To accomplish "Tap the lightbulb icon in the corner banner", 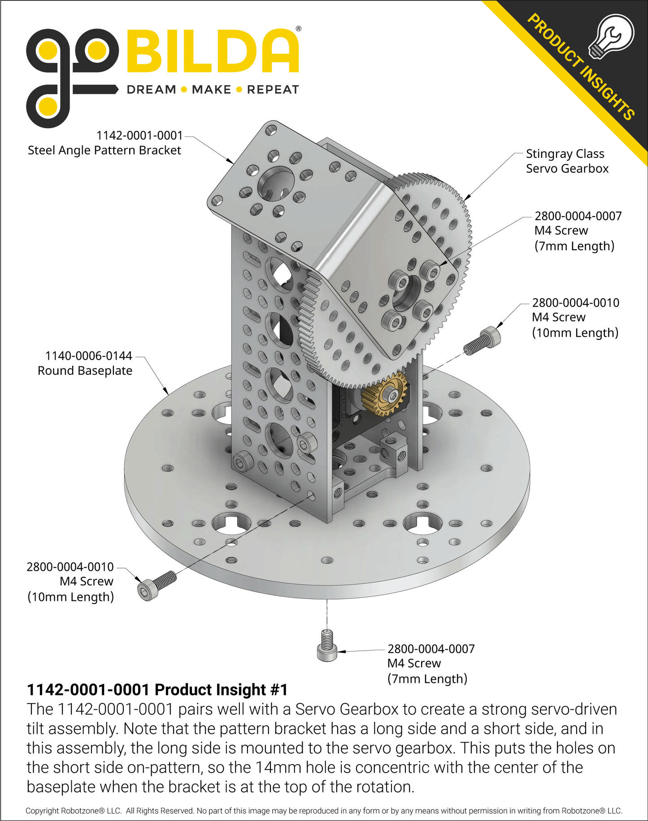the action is pyautogui.click(x=611, y=36).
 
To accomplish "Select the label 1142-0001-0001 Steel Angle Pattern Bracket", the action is pyautogui.click(x=105, y=143).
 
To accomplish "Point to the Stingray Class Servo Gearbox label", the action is pyautogui.click(x=567, y=161).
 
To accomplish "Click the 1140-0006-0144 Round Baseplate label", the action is pyautogui.click(x=85, y=363).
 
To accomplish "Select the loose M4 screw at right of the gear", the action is pyautogui.click(x=482, y=341).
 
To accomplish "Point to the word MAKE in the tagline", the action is pyautogui.click(x=211, y=90).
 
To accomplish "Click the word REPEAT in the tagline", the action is pyautogui.click(x=273, y=90).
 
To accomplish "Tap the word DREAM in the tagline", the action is pyautogui.click(x=152, y=90).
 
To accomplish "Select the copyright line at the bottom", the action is pyautogui.click(x=324, y=811).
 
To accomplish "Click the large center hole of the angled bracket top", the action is pyautogui.click(x=276, y=183).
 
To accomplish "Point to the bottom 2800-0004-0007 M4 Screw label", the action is pyautogui.click(x=431, y=664).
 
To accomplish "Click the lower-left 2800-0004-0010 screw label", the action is pyautogui.click(x=70, y=582).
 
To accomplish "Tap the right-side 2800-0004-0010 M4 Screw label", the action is pyautogui.click(x=575, y=317).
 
